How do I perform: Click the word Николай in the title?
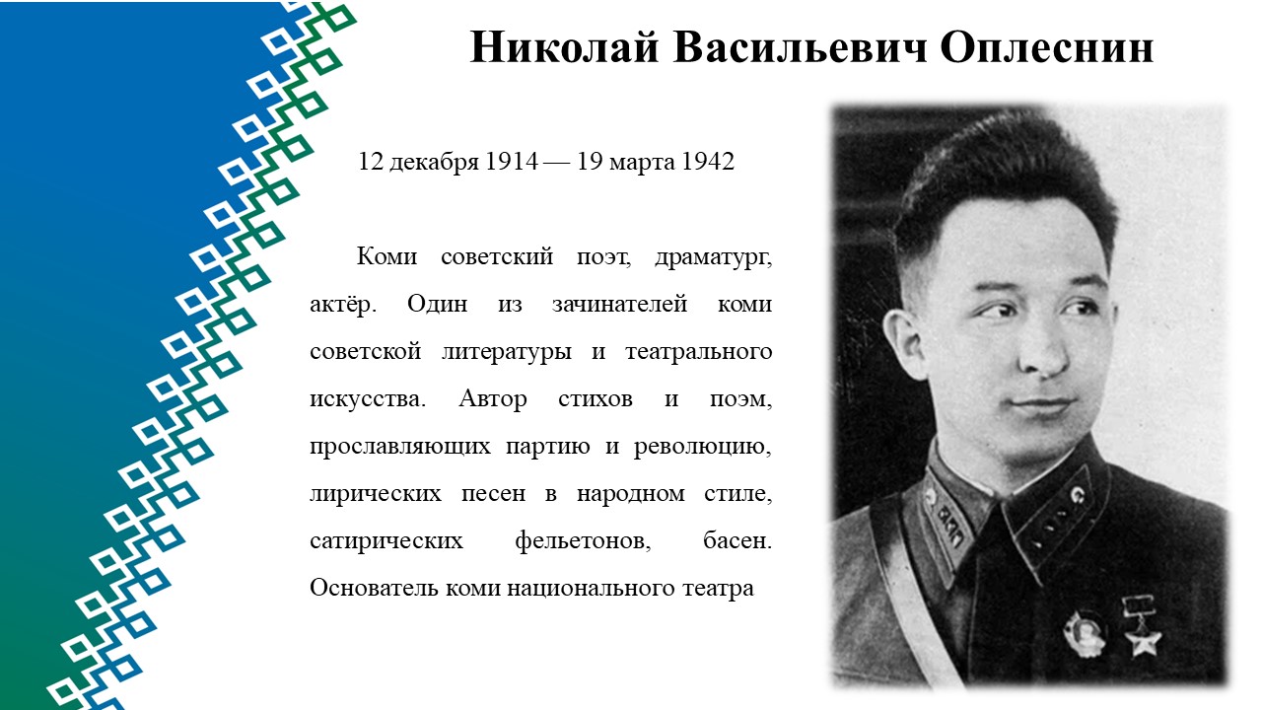564,47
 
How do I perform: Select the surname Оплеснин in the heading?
1047,47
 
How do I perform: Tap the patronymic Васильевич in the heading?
800,47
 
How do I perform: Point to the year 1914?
512,161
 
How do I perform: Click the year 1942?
708,161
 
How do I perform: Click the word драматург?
713,257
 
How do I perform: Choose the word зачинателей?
620,305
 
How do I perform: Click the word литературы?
507,352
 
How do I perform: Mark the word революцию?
703,447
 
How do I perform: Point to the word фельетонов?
583,541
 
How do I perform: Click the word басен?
737,541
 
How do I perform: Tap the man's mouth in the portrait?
1042,404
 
